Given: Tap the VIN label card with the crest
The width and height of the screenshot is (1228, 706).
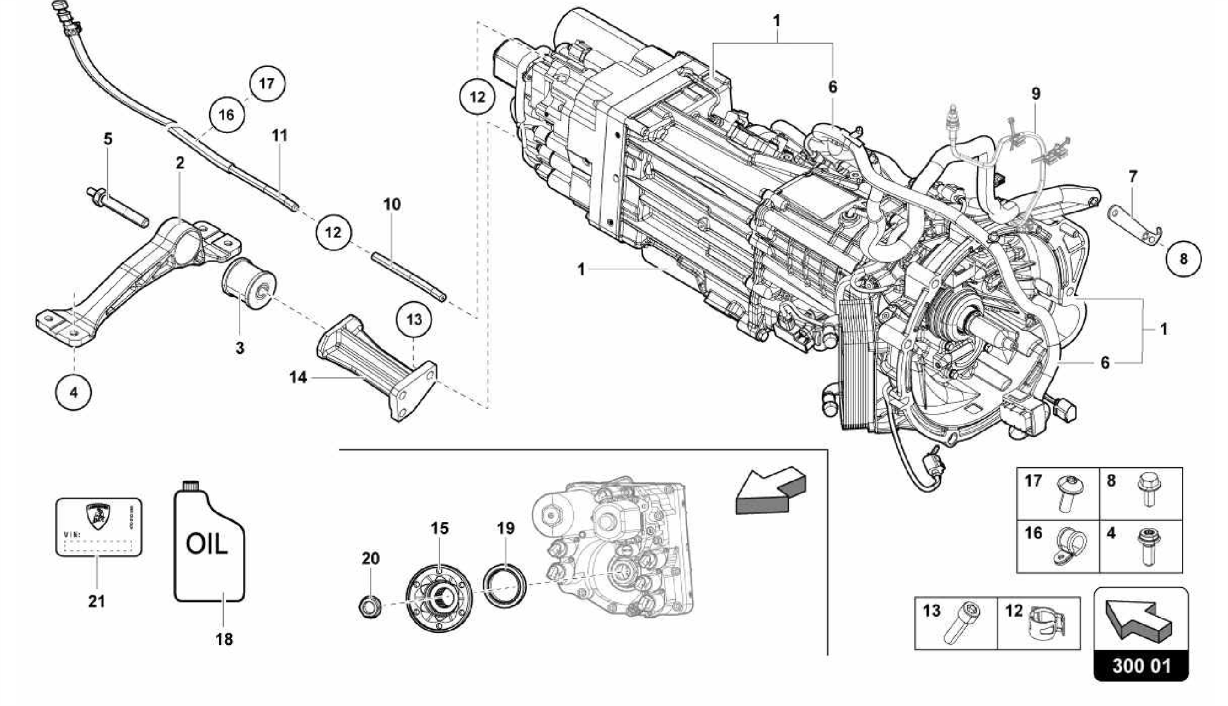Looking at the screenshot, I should pyautogui.click(x=99, y=526).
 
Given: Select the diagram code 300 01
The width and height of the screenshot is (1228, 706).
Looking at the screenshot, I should pyautogui.click(x=1141, y=666).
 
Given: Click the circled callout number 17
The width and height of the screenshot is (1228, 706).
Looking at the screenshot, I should pyautogui.click(x=267, y=83).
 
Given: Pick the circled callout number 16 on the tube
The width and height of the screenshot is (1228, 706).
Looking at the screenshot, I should pyautogui.click(x=227, y=114).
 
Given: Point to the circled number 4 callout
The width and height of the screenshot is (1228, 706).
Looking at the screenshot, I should pyautogui.click(x=73, y=393).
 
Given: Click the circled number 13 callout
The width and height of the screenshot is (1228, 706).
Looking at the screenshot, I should pyautogui.click(x=414, y=319).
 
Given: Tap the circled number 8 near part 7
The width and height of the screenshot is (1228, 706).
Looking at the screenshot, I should pyautogui.click(x=1183, y=259).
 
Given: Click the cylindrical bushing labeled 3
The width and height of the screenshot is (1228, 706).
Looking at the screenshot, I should pyautogui.click(x=248, y=284).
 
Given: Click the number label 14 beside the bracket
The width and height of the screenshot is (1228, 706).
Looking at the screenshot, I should pyautogui.click(x=298, y=377).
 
